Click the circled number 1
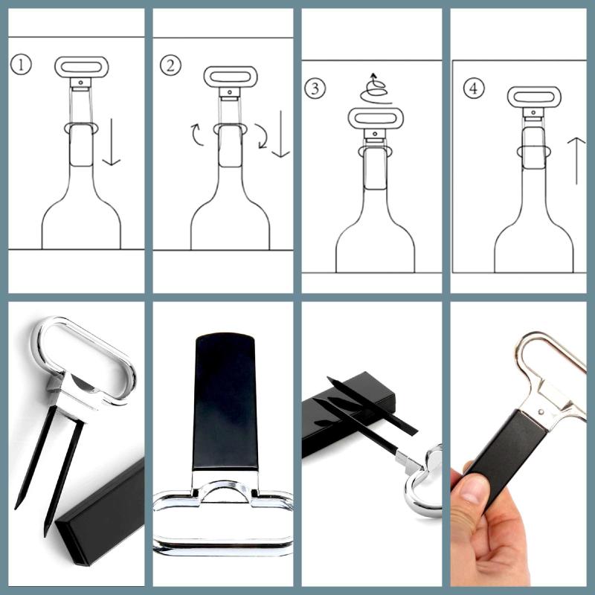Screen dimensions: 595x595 [21, 65]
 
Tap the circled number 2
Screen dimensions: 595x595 [170, 65]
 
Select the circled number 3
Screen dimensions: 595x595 [315, 89]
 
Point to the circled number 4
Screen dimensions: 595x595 [474, 89]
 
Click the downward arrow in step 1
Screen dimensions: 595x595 [112, 142]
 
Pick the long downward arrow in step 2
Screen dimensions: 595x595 [281, 134]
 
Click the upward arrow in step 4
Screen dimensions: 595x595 [576, 161]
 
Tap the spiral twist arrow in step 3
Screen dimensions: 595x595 [376, 89]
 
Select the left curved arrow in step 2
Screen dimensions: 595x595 [198, 135]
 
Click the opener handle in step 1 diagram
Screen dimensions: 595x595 [82, 67]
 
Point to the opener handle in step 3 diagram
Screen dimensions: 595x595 [376, 118]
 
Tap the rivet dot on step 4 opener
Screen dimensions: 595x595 [533, 112]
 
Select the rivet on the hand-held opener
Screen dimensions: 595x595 [541, 412]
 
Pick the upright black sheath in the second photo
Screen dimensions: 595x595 [225, 402]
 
